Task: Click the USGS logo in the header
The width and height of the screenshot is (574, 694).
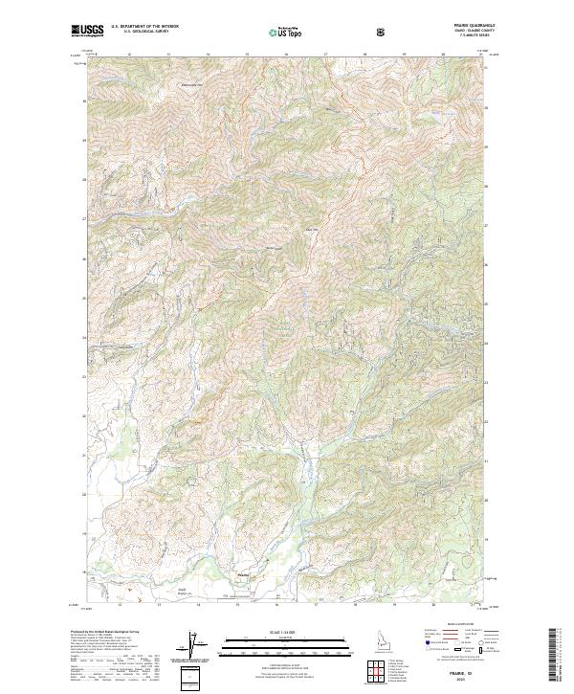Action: pos(88,31)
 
